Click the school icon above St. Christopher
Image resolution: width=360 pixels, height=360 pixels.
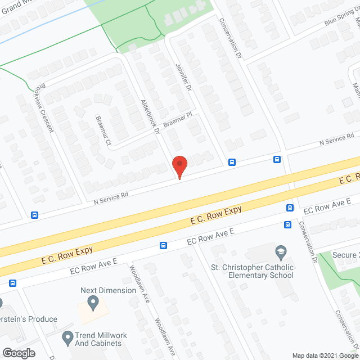click(280, 251)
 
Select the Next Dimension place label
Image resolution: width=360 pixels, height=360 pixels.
click(108, 290)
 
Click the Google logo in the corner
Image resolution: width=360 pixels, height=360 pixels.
click(18, 353)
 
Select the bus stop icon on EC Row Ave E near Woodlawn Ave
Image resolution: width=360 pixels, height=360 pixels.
click(164, 245)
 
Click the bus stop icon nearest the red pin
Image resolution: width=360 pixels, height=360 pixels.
click(232, 163)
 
